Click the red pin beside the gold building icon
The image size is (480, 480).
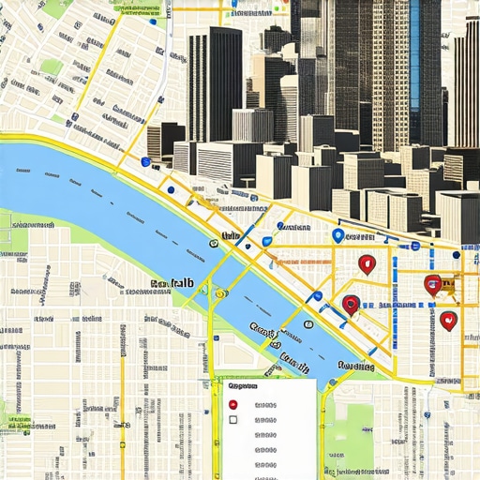coord(432,284)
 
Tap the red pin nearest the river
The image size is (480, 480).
coord(351,304)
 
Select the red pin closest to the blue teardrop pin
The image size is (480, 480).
coord(367,264)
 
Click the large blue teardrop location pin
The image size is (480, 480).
coord(337,236)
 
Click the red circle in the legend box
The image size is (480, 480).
coord(233,405)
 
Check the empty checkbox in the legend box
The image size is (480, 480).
coord(233,420)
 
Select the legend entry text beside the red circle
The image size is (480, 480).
coord(265,405)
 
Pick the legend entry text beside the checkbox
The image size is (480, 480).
coord(265,420)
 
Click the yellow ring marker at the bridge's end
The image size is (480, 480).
coord(219,293)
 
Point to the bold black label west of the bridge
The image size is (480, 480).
coord(171,282)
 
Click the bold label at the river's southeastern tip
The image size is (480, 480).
coord(356,367)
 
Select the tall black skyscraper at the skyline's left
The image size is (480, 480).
coord(214,84)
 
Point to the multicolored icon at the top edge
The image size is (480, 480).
coord(278,7)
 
